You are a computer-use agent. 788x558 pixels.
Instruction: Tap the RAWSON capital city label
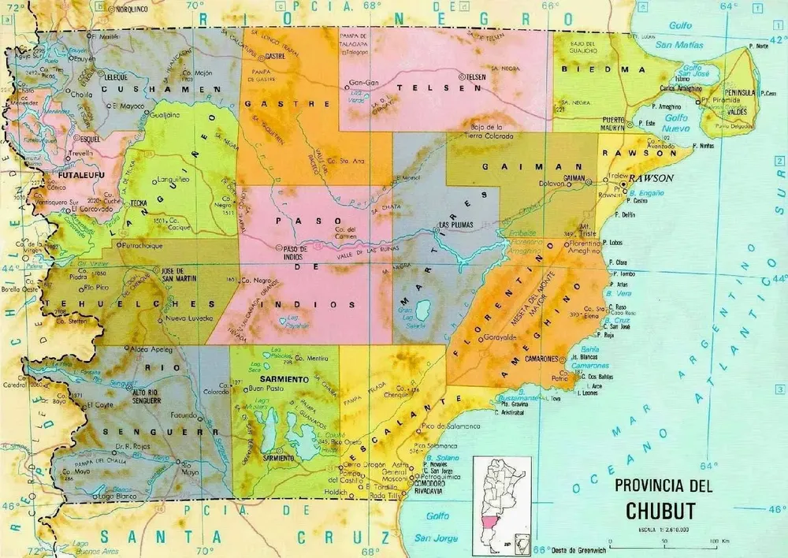coord(652,178)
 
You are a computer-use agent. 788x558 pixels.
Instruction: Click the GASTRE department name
coord(275,103)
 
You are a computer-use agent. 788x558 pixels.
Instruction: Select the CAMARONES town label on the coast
coord(562,358)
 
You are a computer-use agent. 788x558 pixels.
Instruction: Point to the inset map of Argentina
coord(501,505)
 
